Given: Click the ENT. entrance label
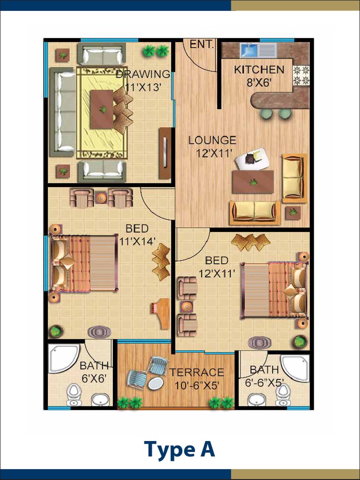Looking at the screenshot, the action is [202, 45].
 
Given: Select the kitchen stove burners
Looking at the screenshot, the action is [301, 75].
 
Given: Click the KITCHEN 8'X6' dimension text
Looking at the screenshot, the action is [259, 82].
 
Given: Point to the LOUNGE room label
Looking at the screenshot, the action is [212, 141].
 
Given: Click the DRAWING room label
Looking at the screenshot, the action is [143, 74].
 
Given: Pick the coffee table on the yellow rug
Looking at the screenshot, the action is [102, 110].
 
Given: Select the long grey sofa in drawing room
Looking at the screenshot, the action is [62, 112].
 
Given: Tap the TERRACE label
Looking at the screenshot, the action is [196, 373].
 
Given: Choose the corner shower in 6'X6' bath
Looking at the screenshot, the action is [64, 358].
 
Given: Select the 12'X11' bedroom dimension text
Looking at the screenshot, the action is [217, 273].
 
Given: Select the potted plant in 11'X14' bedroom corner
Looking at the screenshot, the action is [56, 331].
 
